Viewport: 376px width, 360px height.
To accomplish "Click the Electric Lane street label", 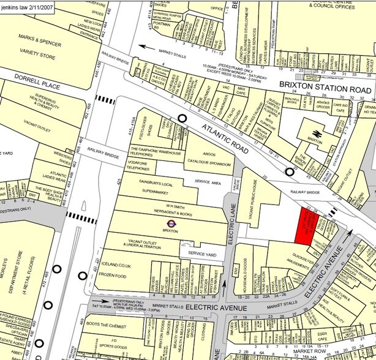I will pyautogui.click(x=231, y=227).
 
